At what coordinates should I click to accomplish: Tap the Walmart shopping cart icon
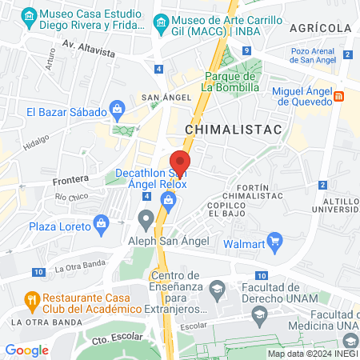tap(276, 239)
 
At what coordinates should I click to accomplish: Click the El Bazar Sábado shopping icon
tap(117, 108)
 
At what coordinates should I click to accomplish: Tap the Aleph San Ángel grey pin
tap(146, 218)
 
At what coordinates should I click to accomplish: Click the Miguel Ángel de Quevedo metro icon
tap(339, 97)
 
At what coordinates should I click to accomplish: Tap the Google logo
tap(27, 350)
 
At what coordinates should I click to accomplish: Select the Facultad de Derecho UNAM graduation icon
tap(216, 287)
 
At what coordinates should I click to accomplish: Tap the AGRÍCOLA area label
tap(321, 27)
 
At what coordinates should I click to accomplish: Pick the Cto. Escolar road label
tap(119, 339)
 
